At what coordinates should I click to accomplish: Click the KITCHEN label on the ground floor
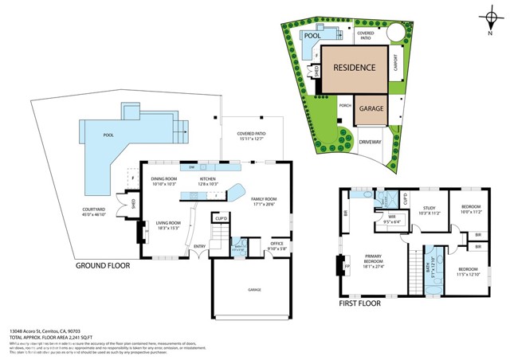[x=208, y=180]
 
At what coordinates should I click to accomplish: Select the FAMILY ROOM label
[x=264, y=199]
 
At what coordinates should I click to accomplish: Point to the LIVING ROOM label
[x=168, y=224]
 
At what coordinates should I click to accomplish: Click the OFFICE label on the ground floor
[x=277, y=244]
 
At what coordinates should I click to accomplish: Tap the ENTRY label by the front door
[x=199, y=246]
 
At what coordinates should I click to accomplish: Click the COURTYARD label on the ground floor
[x=93, y=211]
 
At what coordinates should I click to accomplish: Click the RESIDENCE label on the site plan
[x=354, y=68]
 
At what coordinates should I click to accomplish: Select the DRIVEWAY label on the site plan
[x=370, y=143]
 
